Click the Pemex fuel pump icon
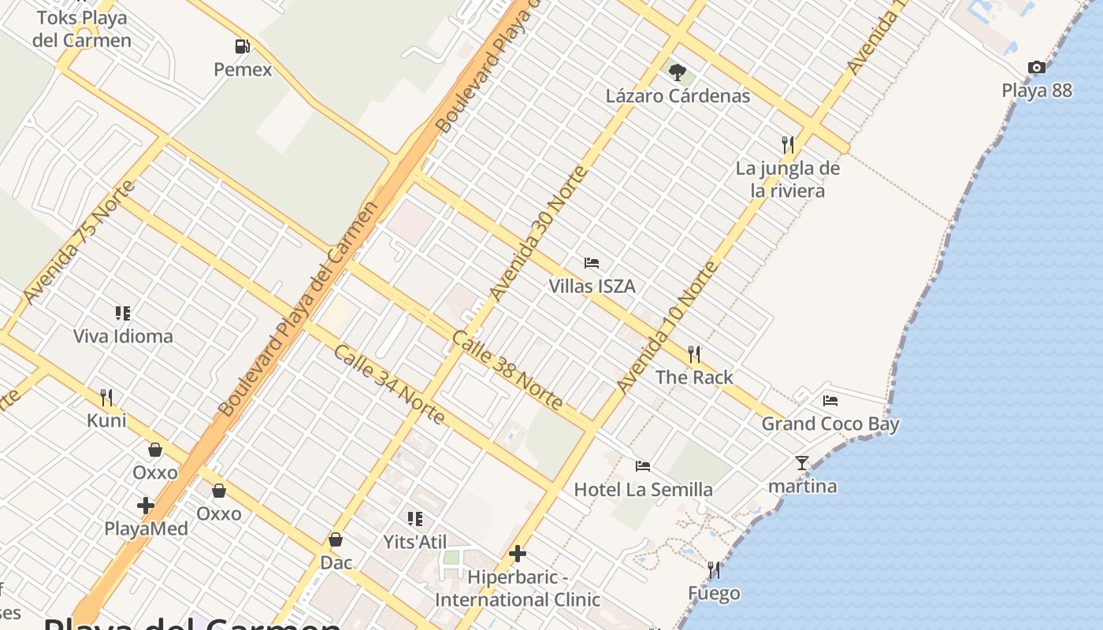(243, 46)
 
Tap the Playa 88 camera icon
(1037, 68)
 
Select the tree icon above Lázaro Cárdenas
(677, 72)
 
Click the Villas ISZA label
(592, 286)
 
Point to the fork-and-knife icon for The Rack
(694, 354)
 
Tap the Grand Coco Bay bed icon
(830, 401)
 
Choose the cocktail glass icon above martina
(802, 463)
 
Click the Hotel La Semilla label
(643, 489)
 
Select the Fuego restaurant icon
(714, 570)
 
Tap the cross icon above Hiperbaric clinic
(518, 554)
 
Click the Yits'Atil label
(414, 542)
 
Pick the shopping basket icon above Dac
(336, 539)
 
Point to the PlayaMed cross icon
(146, 505)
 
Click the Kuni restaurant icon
(106, 397)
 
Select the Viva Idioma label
(123, 336)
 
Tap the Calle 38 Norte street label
(507, 370)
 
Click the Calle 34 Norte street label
(389, 384)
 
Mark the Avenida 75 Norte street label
(80, 242)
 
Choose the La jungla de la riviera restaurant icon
(788, 144)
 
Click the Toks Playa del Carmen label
(82, 28)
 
